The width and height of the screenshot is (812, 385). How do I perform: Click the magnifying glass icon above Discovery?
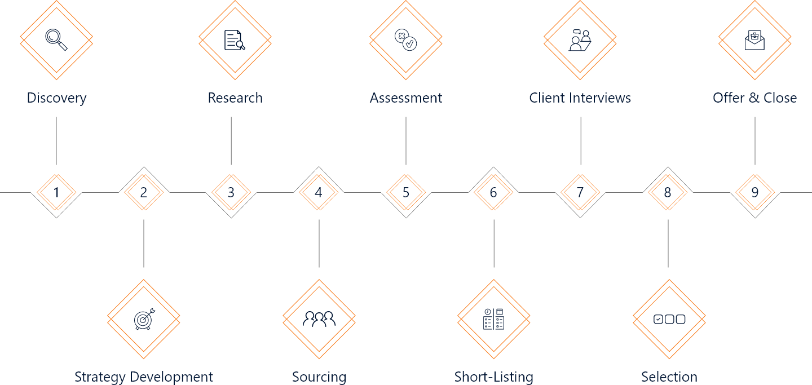click(56, 39)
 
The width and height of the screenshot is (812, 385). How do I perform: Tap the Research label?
click(235, 98)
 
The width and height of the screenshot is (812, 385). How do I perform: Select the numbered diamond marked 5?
click(406, 192)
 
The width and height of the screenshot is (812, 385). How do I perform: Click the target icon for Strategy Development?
click(144, 320)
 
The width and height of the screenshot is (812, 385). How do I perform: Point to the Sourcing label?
click(319, 377)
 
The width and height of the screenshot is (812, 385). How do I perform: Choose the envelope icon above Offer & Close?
click(754, 40)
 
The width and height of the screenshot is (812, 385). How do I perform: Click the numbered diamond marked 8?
click(668, 192)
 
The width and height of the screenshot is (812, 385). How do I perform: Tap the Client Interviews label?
click(580, 98)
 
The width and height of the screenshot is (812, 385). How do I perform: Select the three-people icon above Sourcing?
click(319, 320)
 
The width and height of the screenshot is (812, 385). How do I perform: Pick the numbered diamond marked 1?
click(56, 192)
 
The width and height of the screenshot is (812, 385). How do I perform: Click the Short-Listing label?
click(494, 377)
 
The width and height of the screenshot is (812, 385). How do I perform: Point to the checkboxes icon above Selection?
click(669, 320)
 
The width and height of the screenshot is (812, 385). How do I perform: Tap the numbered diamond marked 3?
click(231, 192)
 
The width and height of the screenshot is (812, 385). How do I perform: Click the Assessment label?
click(406, 98)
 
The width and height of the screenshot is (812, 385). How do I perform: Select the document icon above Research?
click(235, 40)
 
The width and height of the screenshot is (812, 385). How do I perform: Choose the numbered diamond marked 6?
click(493, 192)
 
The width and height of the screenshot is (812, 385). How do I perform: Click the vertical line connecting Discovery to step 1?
click(56, 141)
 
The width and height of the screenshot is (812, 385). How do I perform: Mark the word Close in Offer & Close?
click(780, 98)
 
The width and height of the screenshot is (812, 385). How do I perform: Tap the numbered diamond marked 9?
click(755, 192)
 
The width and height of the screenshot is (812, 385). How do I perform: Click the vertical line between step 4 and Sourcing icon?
click(319, 244)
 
